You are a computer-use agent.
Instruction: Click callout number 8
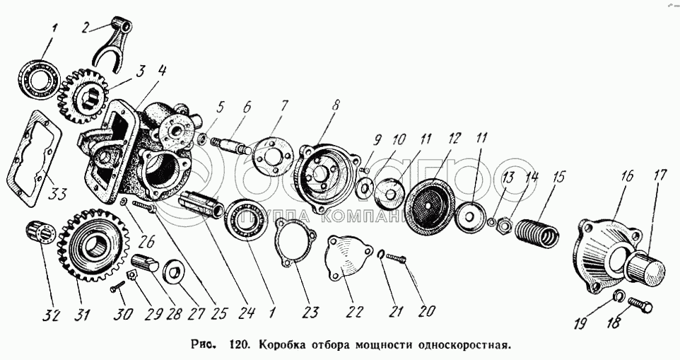pyautogui.click(x=334, y=104)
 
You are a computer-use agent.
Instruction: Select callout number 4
pyautogui.click(x=163, y=71)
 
